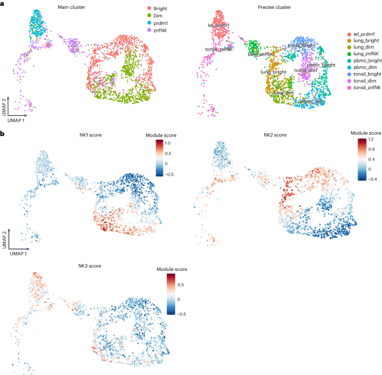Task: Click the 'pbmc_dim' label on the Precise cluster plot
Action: click(312, 102)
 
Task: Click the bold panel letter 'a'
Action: click(3, 5)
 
